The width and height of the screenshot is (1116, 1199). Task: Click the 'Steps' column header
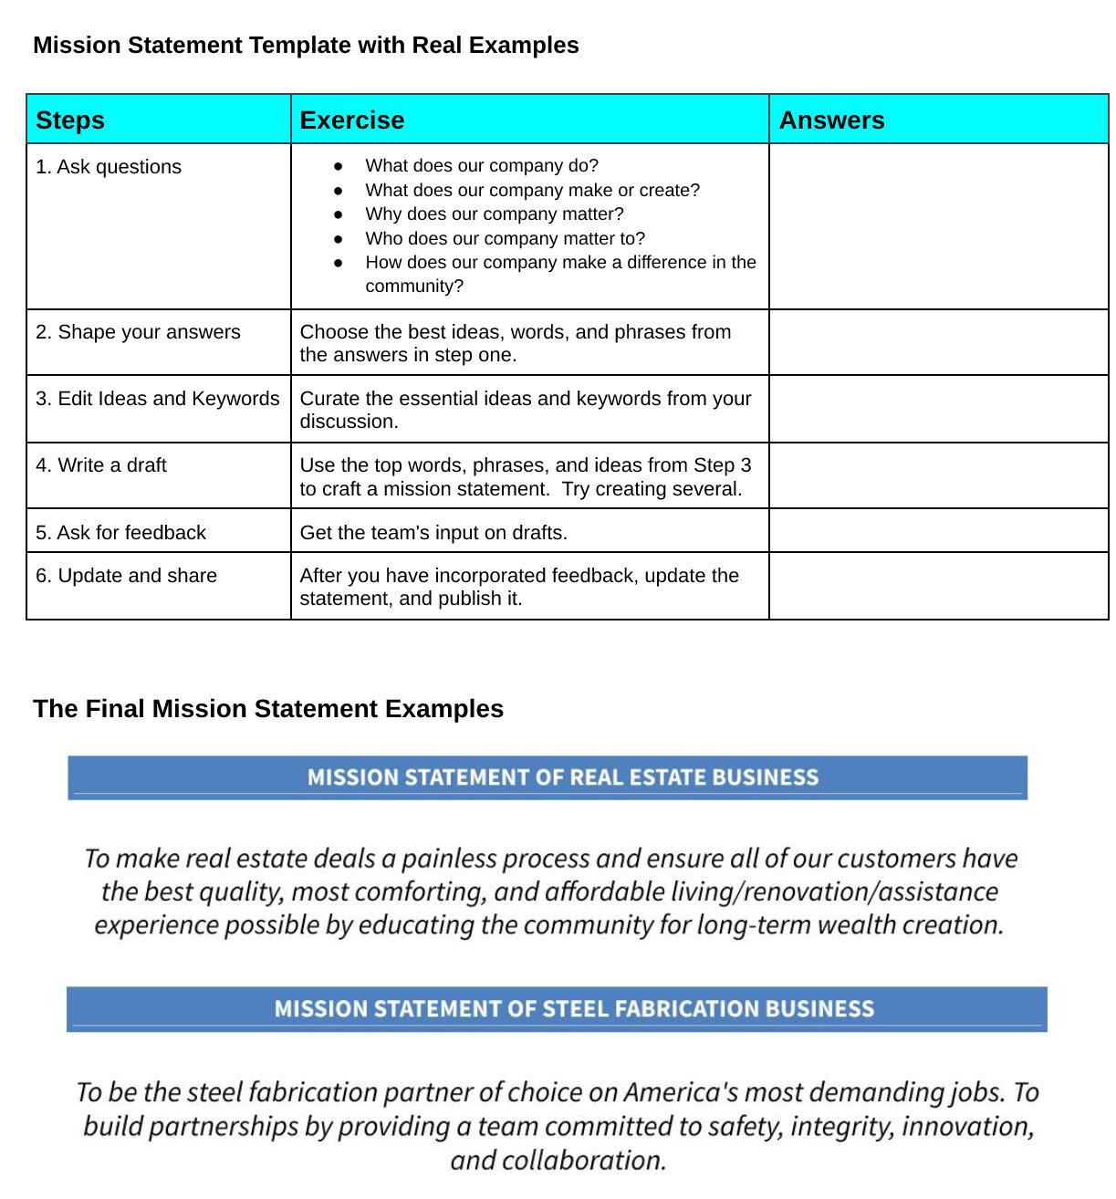[70, 120]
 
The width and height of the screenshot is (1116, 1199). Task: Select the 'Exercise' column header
[351, 120]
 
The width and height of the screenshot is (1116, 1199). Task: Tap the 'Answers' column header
[831, 120]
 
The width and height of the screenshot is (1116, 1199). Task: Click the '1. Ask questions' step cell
[109, 167]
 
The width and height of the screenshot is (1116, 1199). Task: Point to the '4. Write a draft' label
[101, 465]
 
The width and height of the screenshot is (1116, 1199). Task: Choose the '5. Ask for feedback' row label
[120, 533]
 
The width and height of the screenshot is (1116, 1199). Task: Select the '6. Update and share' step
[126, 576]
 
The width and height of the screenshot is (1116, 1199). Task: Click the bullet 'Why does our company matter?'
[495, 214]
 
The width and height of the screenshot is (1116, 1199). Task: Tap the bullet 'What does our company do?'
[482, 166]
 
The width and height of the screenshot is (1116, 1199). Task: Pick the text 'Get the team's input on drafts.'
[433, 533]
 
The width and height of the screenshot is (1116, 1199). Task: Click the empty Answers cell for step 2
[938, 342]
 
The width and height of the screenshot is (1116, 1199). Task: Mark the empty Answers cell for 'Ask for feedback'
[938, 531]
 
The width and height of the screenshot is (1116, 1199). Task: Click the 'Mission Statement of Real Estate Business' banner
[548, 777]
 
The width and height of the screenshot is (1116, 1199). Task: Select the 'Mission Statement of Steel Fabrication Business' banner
[557, 1008]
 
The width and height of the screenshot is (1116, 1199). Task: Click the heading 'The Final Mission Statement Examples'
[268, 709]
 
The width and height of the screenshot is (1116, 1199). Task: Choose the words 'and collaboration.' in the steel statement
[558, 1161]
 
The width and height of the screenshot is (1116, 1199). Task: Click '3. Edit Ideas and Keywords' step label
[158, 399]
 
